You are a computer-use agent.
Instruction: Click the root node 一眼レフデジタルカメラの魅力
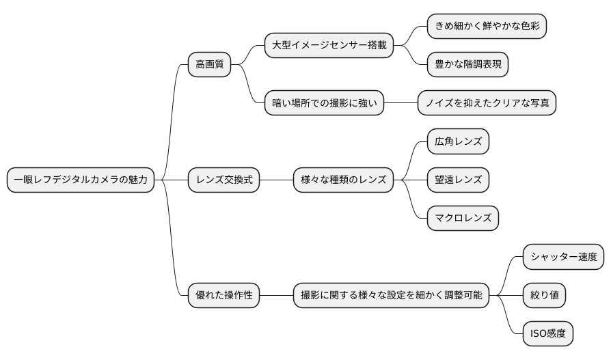[81, 180]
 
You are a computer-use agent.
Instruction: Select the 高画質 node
[210, 65]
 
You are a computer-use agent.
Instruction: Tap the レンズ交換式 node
[224, 180]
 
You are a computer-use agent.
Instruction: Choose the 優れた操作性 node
[224, 296]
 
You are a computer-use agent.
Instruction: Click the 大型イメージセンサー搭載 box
[329, 46]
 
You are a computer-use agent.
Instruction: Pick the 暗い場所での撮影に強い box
[325, 103]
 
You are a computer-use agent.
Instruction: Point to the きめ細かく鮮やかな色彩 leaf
[487, 27]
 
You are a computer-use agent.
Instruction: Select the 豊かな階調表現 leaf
[468, 65]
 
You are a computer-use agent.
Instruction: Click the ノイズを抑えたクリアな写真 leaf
[487, 103]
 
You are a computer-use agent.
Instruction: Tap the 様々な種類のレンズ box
[344, 180]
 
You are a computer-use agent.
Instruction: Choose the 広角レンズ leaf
[458, 142]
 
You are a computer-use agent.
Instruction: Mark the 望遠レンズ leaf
[458, 180]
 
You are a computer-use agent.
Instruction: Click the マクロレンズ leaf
[463, 219]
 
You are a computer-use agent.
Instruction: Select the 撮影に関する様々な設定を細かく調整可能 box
[392, 296]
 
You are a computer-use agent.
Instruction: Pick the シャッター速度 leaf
[564, 257]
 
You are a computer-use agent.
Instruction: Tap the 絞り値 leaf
[545, 296]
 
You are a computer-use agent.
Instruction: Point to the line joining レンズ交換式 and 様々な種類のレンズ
[277, 180]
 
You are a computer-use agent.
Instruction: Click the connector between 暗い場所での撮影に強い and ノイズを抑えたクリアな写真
[400, 103]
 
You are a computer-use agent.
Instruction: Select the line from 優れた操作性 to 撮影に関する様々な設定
[277, 296]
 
